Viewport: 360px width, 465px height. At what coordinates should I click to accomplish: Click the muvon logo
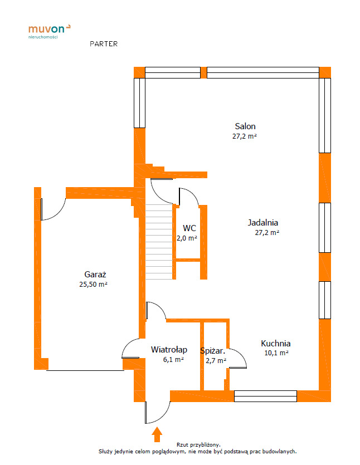pyautogui.click(x=49, y=31)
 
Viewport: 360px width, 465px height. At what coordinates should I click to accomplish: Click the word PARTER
pyautogui.click(x=104, y=44)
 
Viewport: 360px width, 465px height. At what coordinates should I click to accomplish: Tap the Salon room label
pyautogui.click(x=245, y=126)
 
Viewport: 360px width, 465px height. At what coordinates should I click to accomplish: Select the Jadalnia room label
pyautogui.click(x=263, y=222)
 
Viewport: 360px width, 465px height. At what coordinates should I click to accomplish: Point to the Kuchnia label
pyautogui.click(x=276, y=344)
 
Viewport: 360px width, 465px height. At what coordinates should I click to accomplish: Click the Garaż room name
pyautogui.click(x=95, y=275)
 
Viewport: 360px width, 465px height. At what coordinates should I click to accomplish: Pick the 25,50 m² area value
pyautogui.click(x=93, y=284)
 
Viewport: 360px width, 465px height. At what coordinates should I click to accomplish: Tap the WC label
pyautogui.click(x=189, y=228)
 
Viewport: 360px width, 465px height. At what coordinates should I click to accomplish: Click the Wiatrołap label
pyautogui.click(x=169, y=350)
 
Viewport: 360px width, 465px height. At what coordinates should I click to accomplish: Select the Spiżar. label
pyautogui.click(x=213, y=351)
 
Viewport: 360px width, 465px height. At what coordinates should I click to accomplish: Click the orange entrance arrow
pyautogui.click(x=157, y=434)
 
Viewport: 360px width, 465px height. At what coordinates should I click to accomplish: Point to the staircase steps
pyautogui.click(x=159, y=242)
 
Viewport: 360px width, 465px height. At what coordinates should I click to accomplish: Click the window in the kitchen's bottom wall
pyautogui.click(x=265, y=396)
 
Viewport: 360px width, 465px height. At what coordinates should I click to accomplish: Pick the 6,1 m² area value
pyautogui.click(x=173, y=360)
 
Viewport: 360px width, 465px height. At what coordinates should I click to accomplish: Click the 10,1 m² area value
pyautogui.click(x=276, y=353)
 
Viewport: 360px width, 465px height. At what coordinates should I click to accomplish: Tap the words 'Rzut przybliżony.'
pyautogui.click(x=198, y=445)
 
